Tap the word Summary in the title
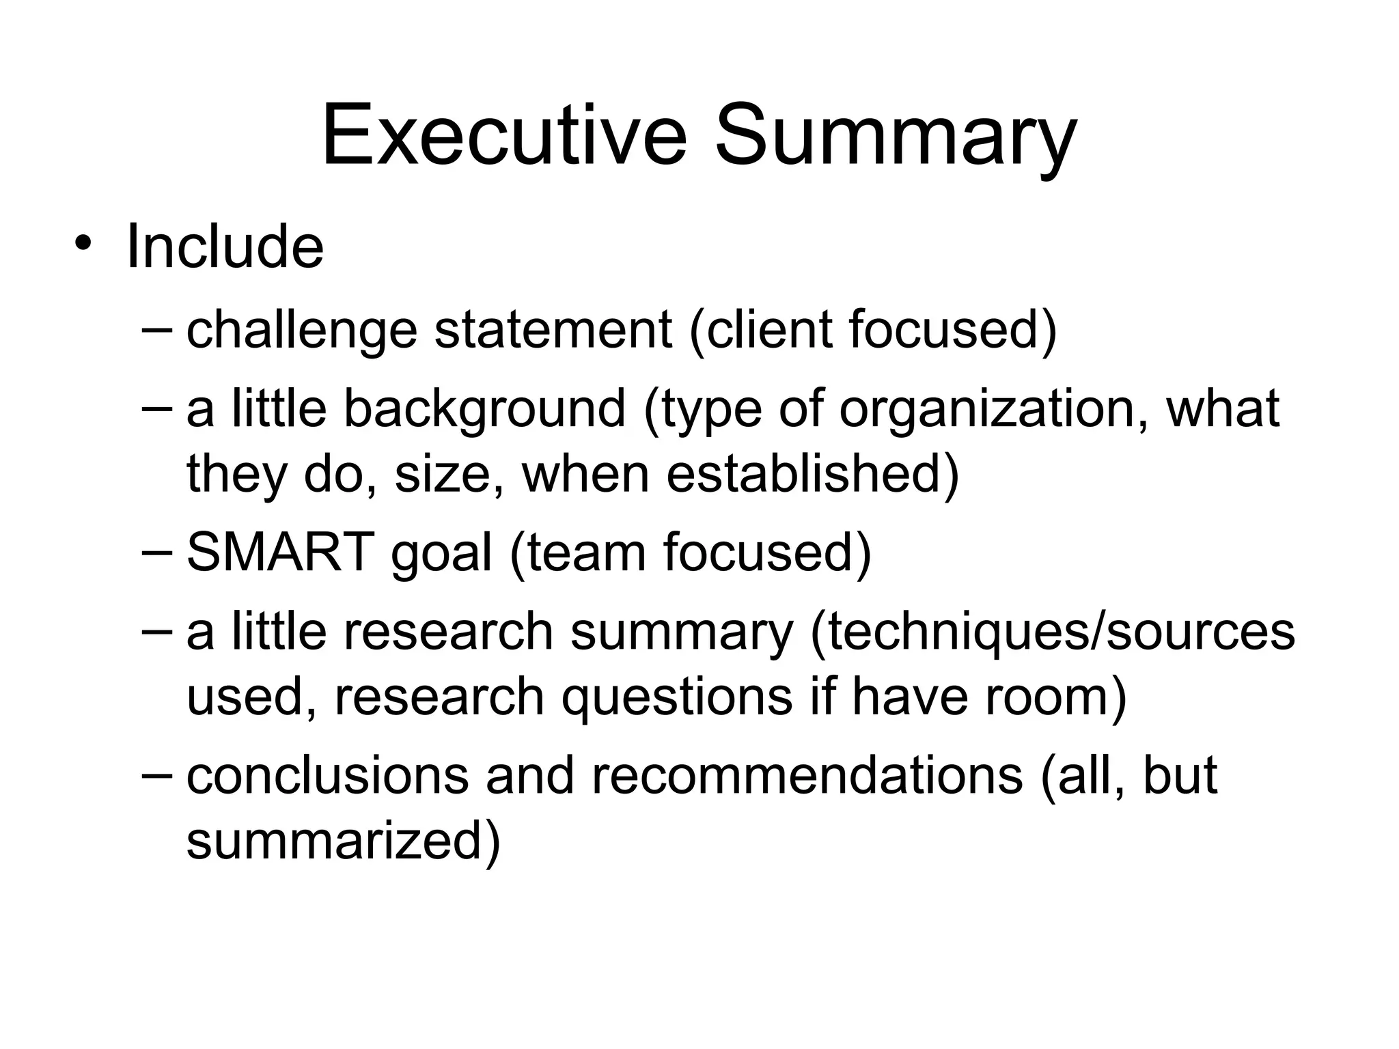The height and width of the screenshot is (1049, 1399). click(895, 137)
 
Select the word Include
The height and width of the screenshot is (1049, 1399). click(225, 247)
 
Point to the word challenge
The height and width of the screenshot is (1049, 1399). click(301, 331)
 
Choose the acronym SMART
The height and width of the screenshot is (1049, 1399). click(280, 551)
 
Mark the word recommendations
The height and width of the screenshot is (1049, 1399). click(807, 776)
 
